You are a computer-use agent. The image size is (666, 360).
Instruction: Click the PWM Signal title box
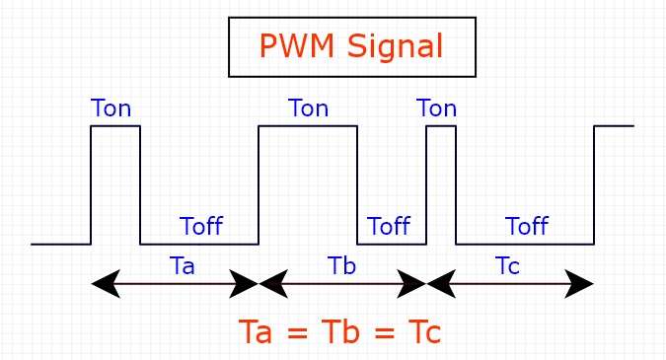[352, 46]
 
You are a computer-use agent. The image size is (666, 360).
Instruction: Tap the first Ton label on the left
[111, 108]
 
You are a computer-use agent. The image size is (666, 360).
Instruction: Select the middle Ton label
[308, 108]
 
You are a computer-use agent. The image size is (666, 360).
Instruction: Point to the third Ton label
[436, 108]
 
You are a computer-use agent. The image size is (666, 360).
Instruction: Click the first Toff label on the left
[200, 226]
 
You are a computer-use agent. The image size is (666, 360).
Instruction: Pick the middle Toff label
[388, 226]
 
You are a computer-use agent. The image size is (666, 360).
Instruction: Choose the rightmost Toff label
[526, 226]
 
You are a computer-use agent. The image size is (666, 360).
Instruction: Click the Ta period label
[182, 265]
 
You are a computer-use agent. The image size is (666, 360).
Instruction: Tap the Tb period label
[341, 265]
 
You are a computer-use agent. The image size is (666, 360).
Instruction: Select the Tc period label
[507, 265]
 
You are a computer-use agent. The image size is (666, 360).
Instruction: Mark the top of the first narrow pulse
[115, 126]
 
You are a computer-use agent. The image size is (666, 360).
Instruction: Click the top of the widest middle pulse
[308, 126]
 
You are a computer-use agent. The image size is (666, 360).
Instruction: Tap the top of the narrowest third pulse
[441, 126]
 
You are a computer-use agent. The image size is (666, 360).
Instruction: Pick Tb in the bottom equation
[339, 331]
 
